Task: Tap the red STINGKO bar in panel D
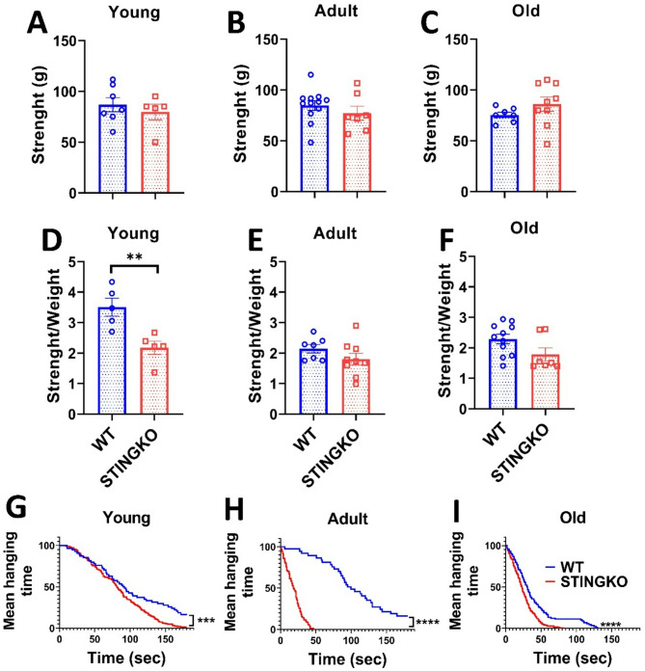[160, 381]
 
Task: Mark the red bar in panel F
[572, 382]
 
